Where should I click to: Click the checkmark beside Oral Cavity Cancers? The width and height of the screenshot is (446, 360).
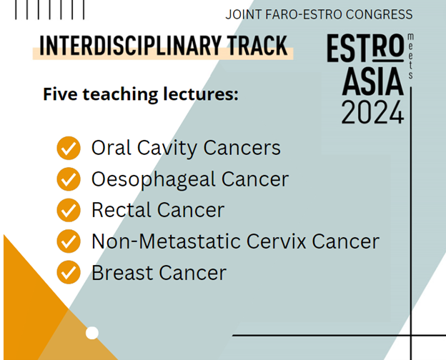[x=69, y=148]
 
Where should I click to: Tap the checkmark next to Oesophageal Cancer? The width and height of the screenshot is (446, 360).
[x=69, y=179]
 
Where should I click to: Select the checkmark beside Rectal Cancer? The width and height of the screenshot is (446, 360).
[x=69, y=210]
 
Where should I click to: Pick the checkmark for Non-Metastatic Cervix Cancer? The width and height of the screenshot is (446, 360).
[x=69, y=241]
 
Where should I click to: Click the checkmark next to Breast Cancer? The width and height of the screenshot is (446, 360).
[x=69, y=272]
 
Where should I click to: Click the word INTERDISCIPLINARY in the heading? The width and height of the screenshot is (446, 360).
[x=130, y=45]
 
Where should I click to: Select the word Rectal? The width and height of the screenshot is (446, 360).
[x=122, y=210]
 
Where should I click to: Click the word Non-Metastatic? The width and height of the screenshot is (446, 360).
[x=167, y=241]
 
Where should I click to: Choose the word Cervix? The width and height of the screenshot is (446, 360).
[x=276, y=241]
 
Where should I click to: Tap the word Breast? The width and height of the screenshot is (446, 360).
[x=123, y=272]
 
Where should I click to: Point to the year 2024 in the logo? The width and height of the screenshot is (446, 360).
[x=372, y=112]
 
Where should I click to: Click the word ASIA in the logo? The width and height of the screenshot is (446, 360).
[x=373, y=81]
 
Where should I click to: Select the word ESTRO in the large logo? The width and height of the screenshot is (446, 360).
[x=365, y=48]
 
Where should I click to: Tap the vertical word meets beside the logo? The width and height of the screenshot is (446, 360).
[x=410, y=56]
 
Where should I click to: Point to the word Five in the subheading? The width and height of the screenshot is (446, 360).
[x=60, y=94]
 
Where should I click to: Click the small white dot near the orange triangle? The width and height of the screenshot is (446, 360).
[x=92, y=333]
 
